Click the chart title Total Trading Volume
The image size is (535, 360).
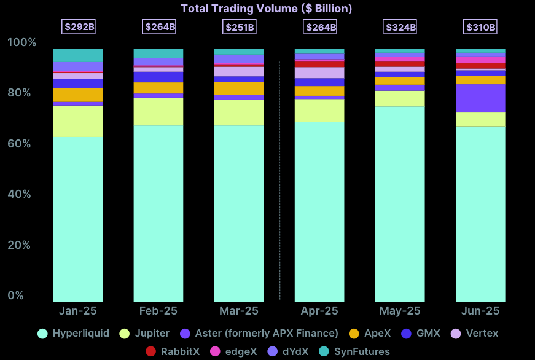[266, 9]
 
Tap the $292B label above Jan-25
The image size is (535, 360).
[78, 27]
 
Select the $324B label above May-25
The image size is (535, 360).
[400, 27]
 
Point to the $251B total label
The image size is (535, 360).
[239, 27]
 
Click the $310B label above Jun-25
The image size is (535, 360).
[480, 27]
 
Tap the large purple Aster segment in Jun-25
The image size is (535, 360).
[480, 98]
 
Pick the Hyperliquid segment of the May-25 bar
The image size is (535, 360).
[400, 203]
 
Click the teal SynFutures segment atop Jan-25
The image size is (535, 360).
[78, 55]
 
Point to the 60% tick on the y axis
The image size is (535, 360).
[22, 144]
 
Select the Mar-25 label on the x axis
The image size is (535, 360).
[239, 311]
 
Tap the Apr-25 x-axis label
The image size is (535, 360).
[319, 311]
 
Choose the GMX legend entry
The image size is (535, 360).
[421, 334]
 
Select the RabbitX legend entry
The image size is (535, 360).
[174, 352]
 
